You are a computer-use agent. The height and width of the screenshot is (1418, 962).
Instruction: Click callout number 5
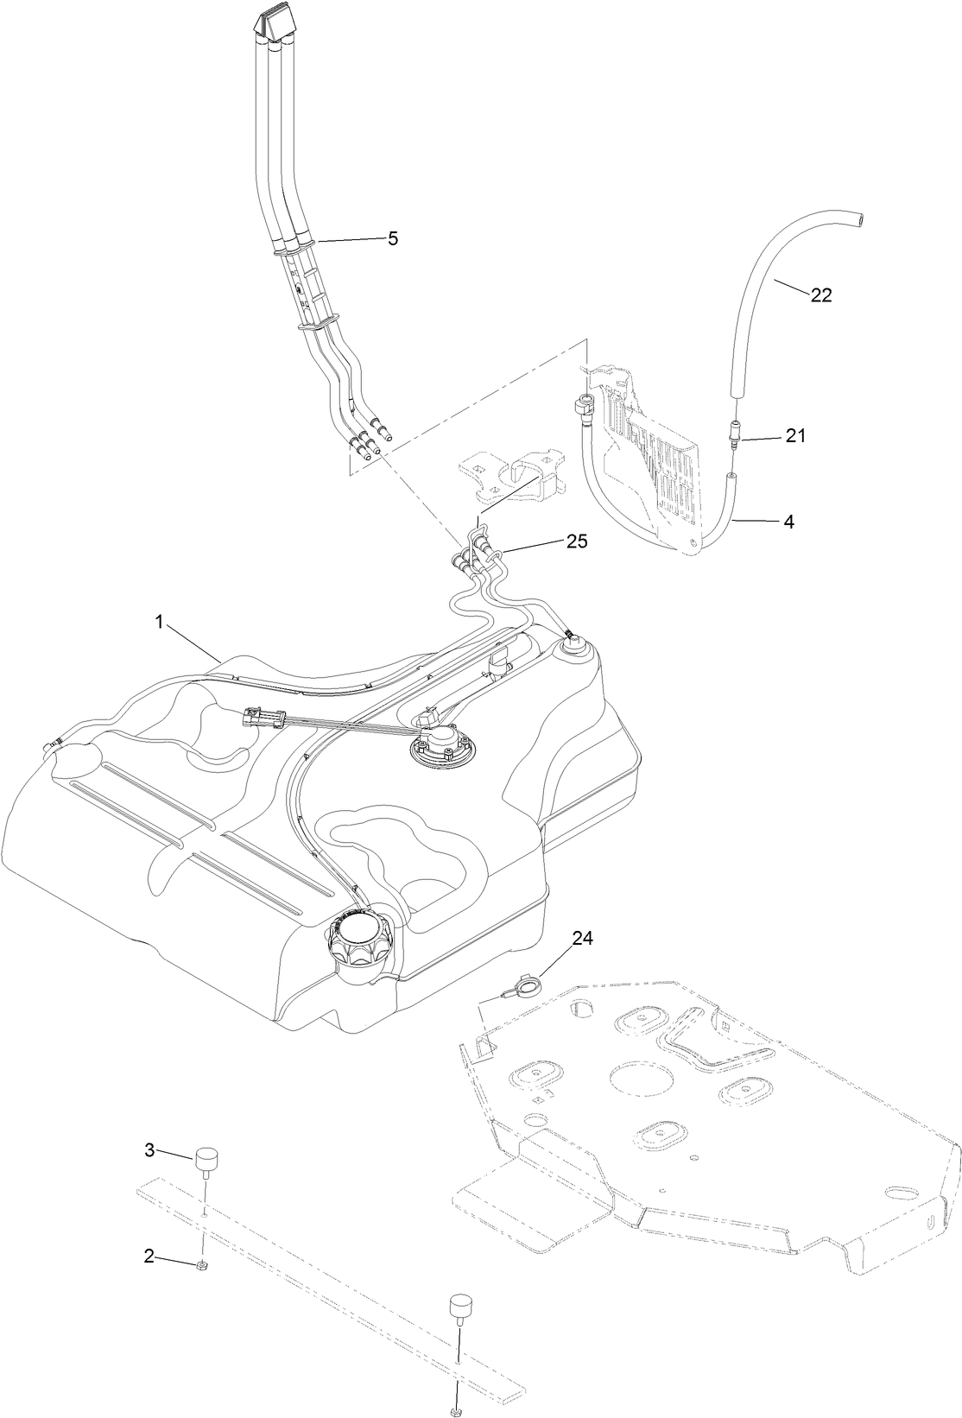393,239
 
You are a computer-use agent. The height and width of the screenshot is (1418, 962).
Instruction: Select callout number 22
820,294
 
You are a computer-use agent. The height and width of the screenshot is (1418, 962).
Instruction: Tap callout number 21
794,436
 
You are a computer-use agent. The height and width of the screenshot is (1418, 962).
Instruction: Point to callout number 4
789,522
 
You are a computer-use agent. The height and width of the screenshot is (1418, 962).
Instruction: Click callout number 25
576,541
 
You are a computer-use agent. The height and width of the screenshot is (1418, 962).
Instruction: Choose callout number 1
160,623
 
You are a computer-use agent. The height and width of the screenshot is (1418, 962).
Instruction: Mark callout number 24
583,940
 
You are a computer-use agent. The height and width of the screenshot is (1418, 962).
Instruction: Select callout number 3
149,1149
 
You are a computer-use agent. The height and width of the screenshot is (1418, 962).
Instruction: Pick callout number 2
149,1257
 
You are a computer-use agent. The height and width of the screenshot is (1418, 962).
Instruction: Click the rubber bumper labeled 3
206,1158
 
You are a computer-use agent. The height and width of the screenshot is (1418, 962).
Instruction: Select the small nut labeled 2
201,1265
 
